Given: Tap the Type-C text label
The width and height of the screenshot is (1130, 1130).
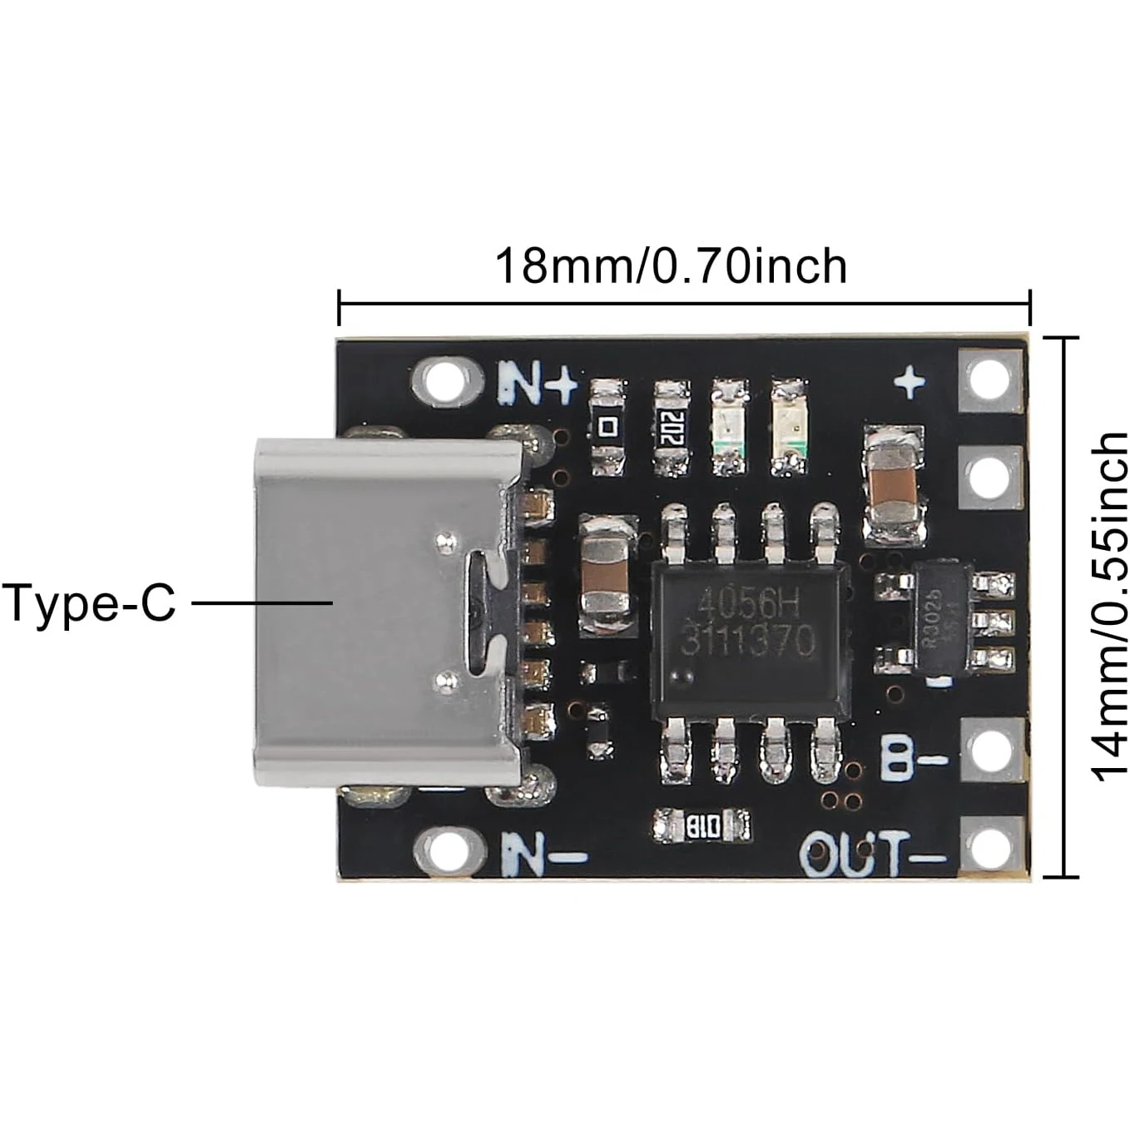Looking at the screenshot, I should [89, 602].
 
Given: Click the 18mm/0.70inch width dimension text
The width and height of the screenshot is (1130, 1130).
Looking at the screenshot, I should [671, 266].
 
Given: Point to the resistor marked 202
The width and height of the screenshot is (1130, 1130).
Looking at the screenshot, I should [671, 428].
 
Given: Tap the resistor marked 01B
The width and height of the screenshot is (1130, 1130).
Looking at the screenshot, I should [702, 826].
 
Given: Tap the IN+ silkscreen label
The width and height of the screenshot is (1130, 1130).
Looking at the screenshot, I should [538, 383].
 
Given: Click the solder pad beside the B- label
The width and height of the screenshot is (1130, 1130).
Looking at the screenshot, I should [990, 751].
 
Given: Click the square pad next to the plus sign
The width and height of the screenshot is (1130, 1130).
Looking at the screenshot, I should [990, 380].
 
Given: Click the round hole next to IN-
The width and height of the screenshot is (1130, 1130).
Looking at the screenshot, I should [449, 849].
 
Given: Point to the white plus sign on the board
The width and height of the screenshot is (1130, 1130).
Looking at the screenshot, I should [909, 383].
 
